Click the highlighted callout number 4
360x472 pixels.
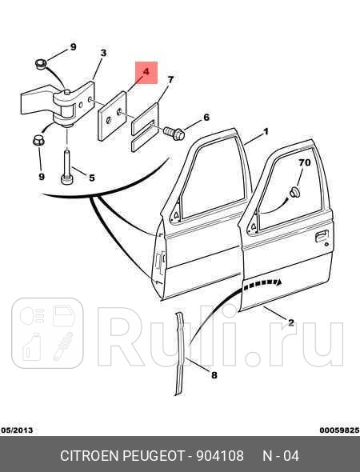[x=146, y=72]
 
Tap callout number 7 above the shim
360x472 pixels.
[x=170, y=80]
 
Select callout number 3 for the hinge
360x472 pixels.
[x=103, y=53]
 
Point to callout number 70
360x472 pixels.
[x=304, y=162]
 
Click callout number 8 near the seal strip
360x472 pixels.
[x=214, y=375]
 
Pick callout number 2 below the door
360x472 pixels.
[x=290, y=322]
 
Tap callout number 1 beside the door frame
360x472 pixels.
[x=266, y=132]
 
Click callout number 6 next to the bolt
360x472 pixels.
[x=206, y=117]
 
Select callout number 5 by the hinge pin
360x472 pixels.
[x=92, y=178]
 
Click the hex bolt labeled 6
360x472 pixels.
[x=174, y=134]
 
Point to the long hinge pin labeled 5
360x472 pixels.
[x=66, y=167]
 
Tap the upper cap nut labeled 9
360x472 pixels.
[x=41, y=64]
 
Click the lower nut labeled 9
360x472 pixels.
[x=38, y=141]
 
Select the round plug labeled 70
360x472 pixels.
[x=294, y=192]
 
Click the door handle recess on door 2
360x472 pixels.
[x=322, y=236]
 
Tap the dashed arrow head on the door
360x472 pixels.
[x=279, y=282]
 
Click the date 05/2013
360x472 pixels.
[x=17, y=430]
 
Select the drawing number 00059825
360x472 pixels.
[x=339, y=430]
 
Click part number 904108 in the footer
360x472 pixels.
[x=220, y=456]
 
